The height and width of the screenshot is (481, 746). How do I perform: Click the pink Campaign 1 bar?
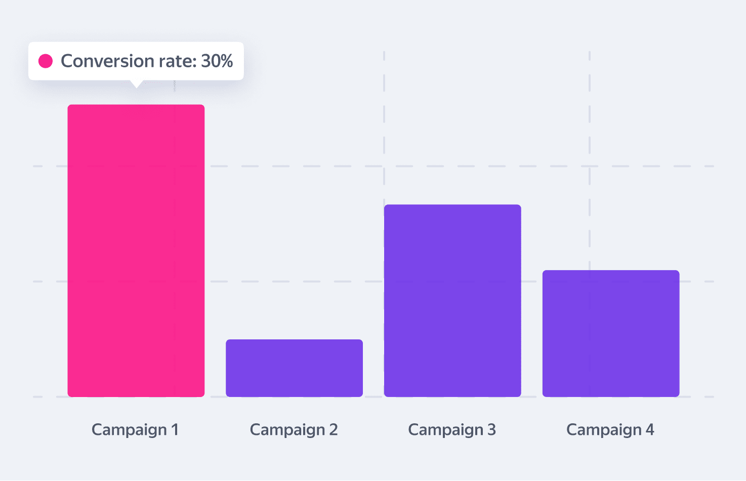[136, 250]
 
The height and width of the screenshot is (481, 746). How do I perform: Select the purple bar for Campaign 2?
[294, 368]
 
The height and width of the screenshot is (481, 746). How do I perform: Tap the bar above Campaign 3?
[452, 300]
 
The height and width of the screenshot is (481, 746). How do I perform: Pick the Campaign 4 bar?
[610, 333]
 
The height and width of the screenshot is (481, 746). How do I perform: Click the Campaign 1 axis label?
[135, 430]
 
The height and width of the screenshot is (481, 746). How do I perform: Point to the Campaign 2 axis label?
[294, 430]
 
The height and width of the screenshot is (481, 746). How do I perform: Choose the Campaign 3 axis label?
[452, 430]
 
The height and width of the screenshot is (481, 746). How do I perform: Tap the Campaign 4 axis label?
[610, 430]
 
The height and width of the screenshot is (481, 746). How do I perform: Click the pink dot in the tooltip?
[46, 61]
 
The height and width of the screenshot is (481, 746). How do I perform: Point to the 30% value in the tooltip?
[217, 61]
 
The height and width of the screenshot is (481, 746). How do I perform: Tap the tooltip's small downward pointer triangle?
[136, 83]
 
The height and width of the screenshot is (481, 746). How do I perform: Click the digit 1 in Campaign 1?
[175, 430]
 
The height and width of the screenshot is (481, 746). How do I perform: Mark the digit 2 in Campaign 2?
[333, 430]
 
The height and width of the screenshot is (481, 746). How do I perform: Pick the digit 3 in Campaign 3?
[491, 430]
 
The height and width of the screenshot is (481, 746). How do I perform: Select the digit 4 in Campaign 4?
[650, 430]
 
